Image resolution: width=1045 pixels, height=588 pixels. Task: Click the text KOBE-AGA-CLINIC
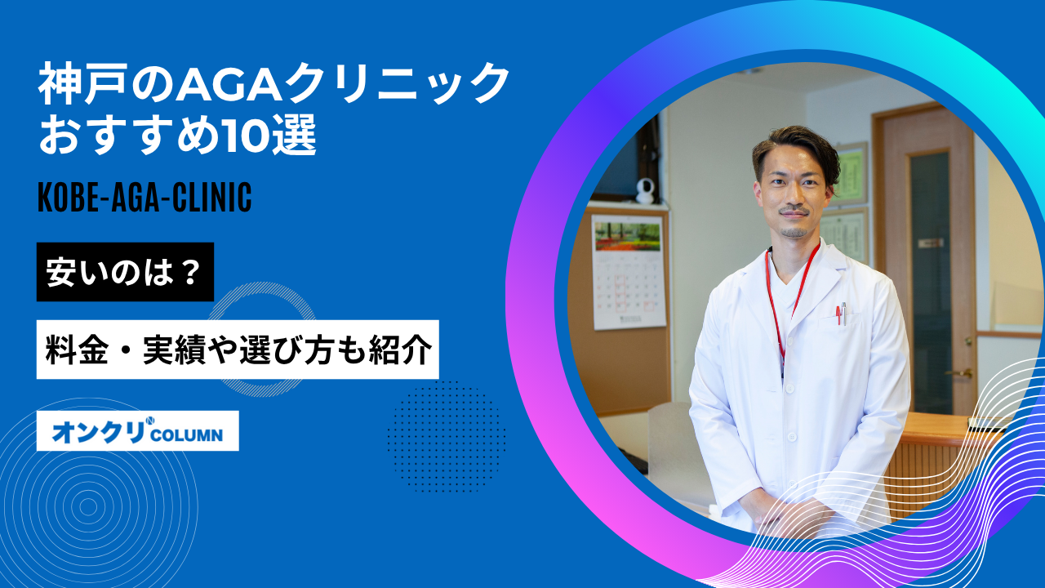145,198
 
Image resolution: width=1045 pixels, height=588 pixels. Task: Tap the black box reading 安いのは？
125,272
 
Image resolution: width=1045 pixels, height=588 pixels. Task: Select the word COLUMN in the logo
187,435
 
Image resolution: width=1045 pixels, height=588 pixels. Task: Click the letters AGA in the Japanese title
230,84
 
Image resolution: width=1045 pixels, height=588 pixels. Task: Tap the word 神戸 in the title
83,84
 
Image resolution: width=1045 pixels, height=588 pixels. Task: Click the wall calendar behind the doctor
629,272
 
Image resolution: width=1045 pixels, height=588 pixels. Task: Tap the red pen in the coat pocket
838,315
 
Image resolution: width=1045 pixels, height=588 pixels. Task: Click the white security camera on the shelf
646,190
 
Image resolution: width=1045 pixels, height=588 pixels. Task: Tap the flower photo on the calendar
628,237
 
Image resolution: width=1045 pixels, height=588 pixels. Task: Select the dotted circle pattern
446,437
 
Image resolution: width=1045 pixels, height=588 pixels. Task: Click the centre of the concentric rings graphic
89,507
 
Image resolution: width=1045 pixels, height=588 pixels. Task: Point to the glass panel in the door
929,280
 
